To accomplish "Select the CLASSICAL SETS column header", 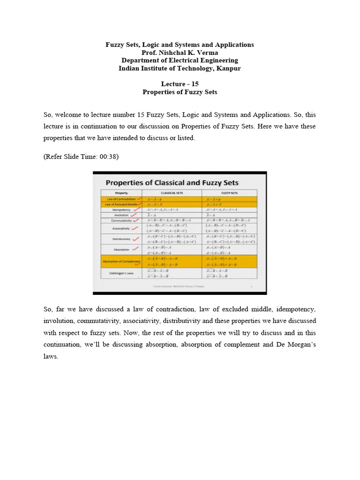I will point(172,193).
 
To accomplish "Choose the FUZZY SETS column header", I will point(229,193).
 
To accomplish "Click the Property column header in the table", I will point(121,193).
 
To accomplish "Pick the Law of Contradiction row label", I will point(117,199).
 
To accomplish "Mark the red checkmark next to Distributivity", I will point(136,238).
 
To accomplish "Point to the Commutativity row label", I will point(121,220).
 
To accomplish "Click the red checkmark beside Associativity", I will point(135,228).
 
